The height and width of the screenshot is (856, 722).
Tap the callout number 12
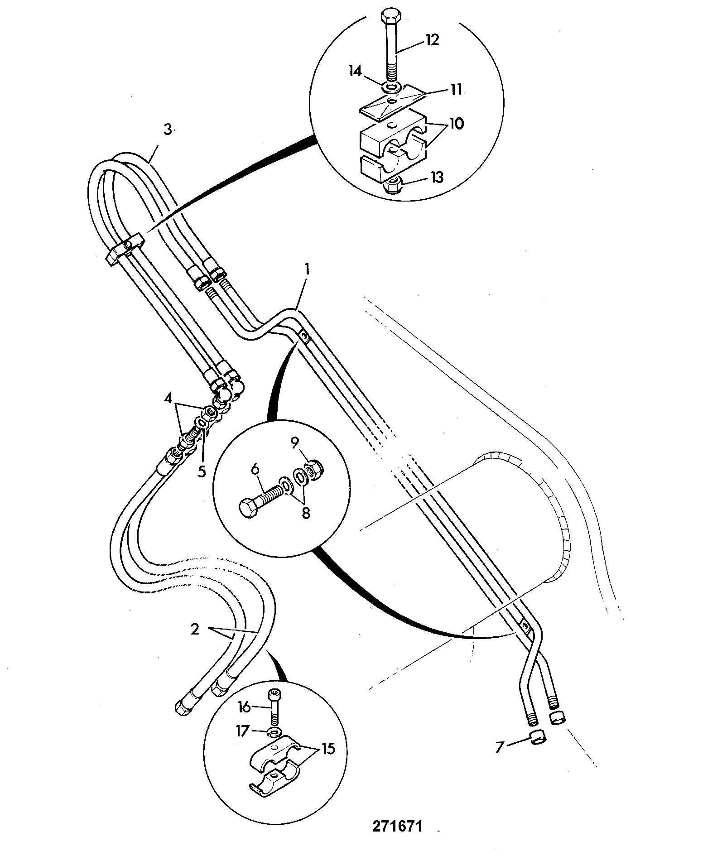432,40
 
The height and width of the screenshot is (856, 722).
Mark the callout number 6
255,470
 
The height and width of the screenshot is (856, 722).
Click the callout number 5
202,471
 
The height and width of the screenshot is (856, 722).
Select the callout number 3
168,130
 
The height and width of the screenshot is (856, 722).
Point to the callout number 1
307,270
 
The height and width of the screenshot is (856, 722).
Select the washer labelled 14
391,85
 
